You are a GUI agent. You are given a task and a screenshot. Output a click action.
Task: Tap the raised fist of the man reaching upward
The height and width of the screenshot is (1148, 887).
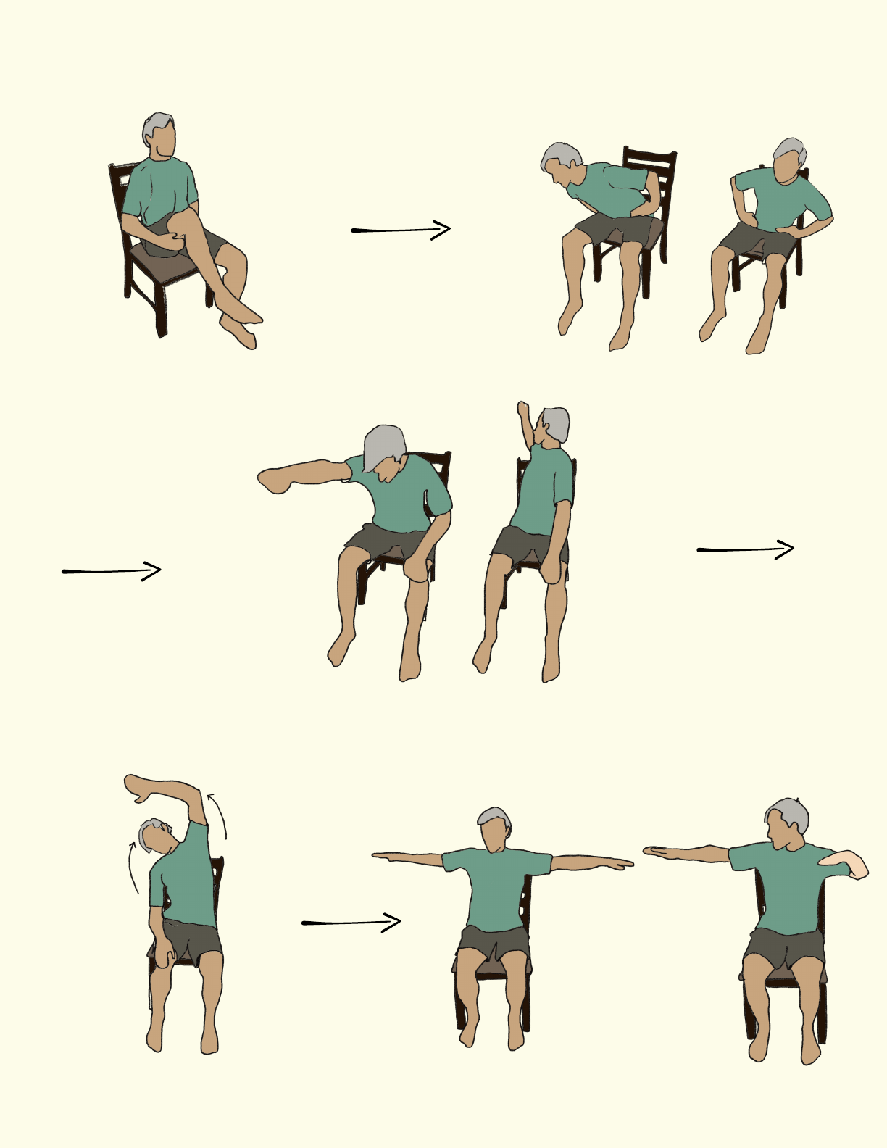click(x=524, y=409)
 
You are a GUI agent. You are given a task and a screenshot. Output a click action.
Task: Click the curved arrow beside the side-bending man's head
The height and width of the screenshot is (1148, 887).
click(x=133, y=867)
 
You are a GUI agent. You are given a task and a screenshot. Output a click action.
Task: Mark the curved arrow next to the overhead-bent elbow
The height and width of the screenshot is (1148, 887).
click(x=218, y=815)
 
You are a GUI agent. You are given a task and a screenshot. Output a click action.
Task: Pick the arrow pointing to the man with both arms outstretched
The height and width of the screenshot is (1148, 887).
click(x=351, y=923)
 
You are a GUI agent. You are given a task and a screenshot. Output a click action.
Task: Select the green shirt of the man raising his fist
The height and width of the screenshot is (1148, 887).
click(x=541, y=493)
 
